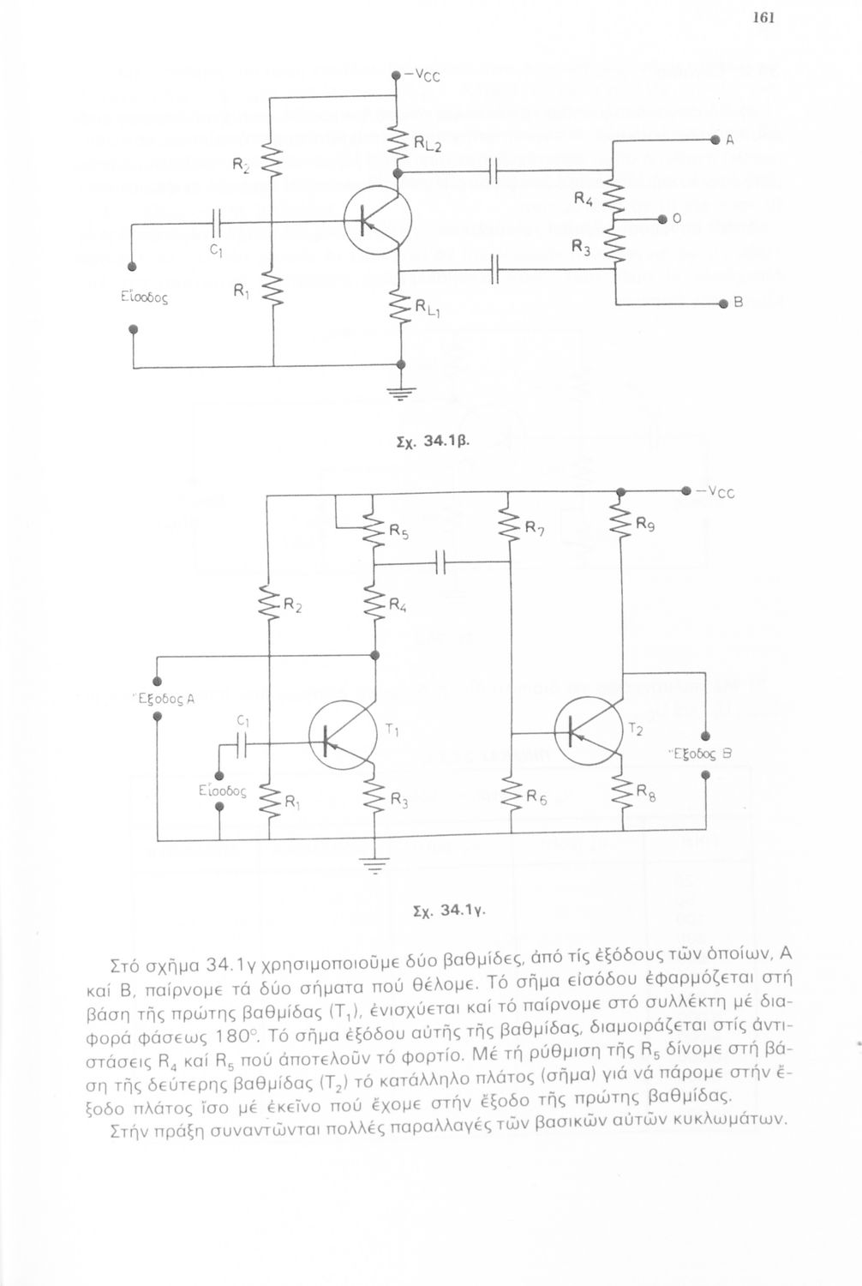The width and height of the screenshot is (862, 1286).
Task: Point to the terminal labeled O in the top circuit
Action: point(662,219)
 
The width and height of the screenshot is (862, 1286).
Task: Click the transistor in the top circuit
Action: point(377,220)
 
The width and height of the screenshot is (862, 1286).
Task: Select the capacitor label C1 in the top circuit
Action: point(216,251)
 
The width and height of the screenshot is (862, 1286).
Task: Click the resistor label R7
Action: point(535,529)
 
